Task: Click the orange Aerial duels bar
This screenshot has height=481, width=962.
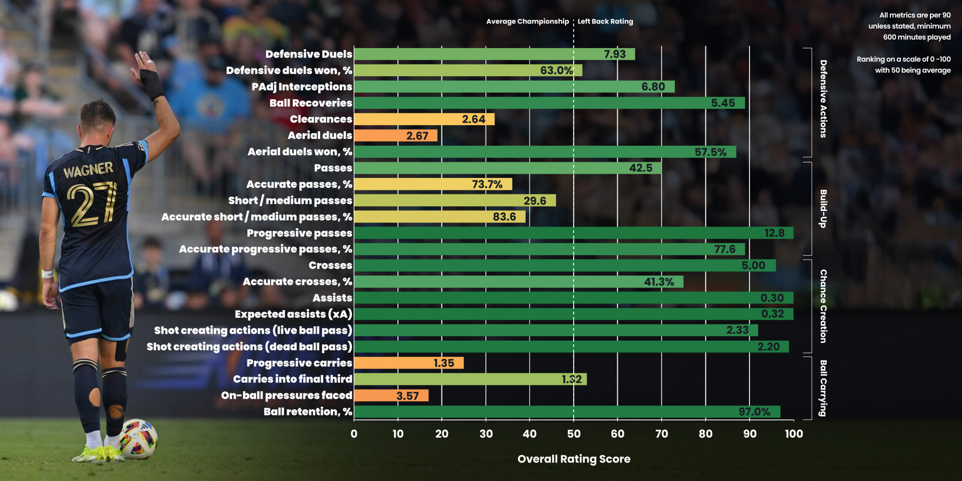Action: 396,135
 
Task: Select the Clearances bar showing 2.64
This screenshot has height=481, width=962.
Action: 424,119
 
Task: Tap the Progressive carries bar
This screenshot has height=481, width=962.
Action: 408,363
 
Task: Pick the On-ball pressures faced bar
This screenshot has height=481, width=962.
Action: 391,395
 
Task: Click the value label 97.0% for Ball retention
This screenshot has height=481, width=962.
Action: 754,412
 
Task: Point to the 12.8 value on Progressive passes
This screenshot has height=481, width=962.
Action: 774,233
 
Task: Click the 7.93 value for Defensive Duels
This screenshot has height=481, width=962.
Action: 614,54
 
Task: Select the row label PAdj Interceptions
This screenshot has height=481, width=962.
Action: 302,87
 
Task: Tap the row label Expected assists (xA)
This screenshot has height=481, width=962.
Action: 293,314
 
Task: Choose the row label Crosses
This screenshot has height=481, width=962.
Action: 330,266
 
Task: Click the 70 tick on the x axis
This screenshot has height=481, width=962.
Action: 661,434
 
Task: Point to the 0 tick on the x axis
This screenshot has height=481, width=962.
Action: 354,434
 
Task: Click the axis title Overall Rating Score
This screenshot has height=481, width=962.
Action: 574,459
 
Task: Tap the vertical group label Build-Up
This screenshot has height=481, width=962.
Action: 823,208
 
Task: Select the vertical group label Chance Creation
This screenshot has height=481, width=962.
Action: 823,306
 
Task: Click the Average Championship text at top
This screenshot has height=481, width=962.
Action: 527,22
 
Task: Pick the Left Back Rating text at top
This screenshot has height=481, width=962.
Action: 605,22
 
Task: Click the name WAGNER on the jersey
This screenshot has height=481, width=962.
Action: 88,170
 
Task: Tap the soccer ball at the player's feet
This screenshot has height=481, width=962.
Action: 139,439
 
